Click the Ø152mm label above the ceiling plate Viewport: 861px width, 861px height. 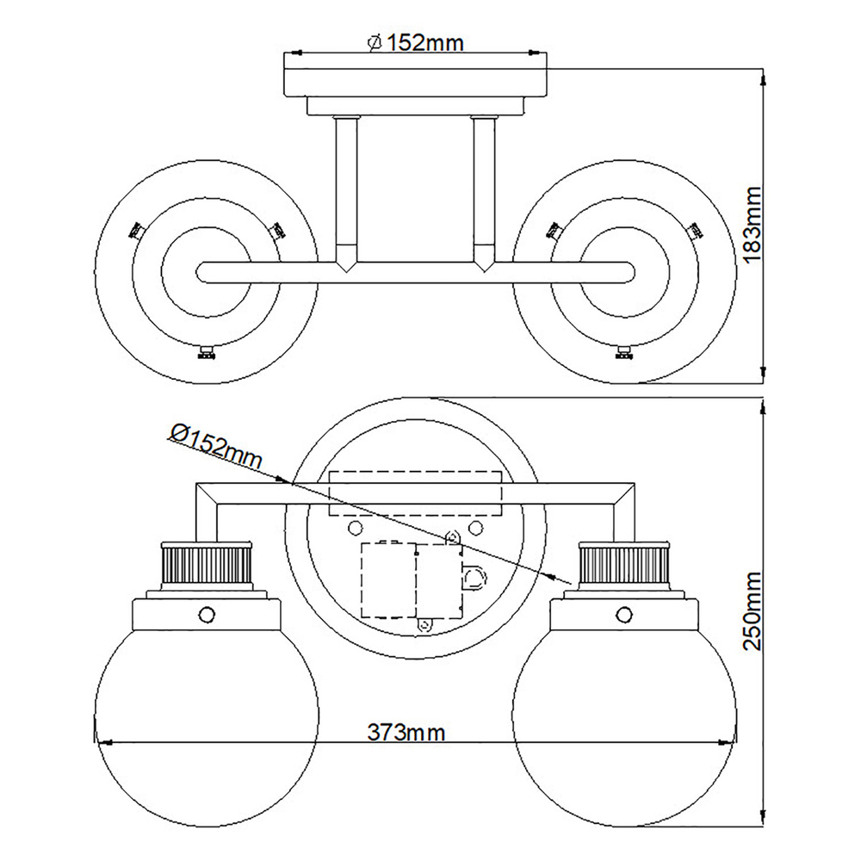(415, 42)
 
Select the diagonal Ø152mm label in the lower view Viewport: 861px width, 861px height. (214, 446)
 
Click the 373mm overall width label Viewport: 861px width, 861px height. (407, 732)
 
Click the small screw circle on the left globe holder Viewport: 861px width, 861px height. (206, 613)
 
